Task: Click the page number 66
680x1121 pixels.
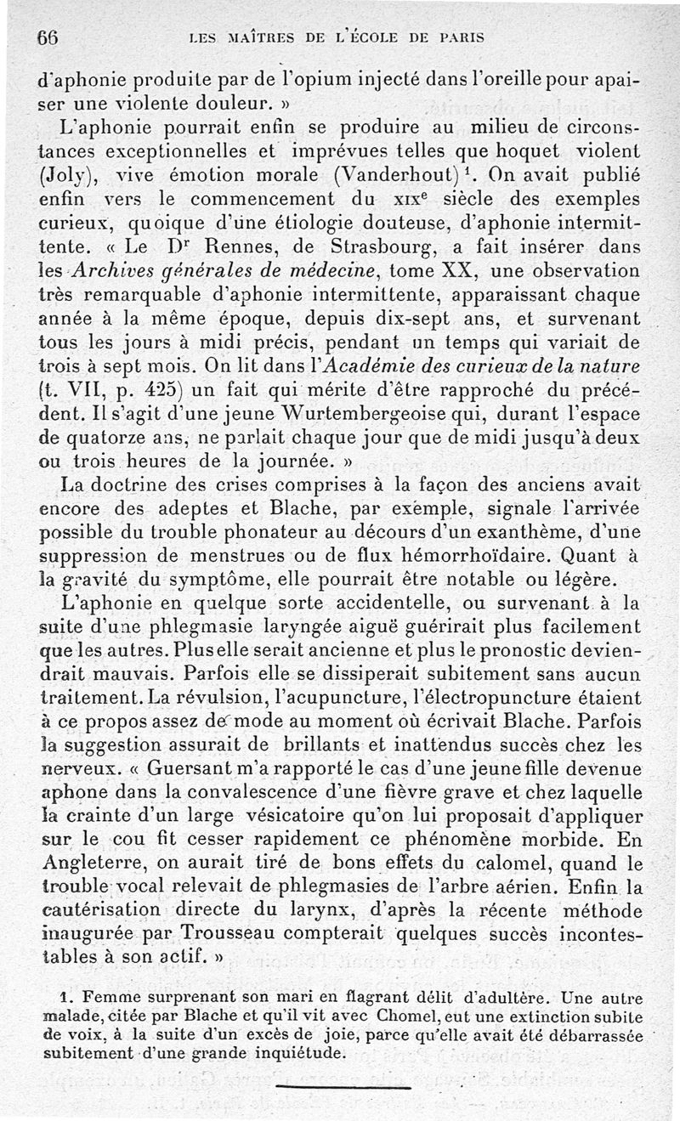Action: coord(47,37)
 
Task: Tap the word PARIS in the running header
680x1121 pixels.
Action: coord(462,37)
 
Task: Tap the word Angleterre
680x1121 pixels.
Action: coord(97,842)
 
